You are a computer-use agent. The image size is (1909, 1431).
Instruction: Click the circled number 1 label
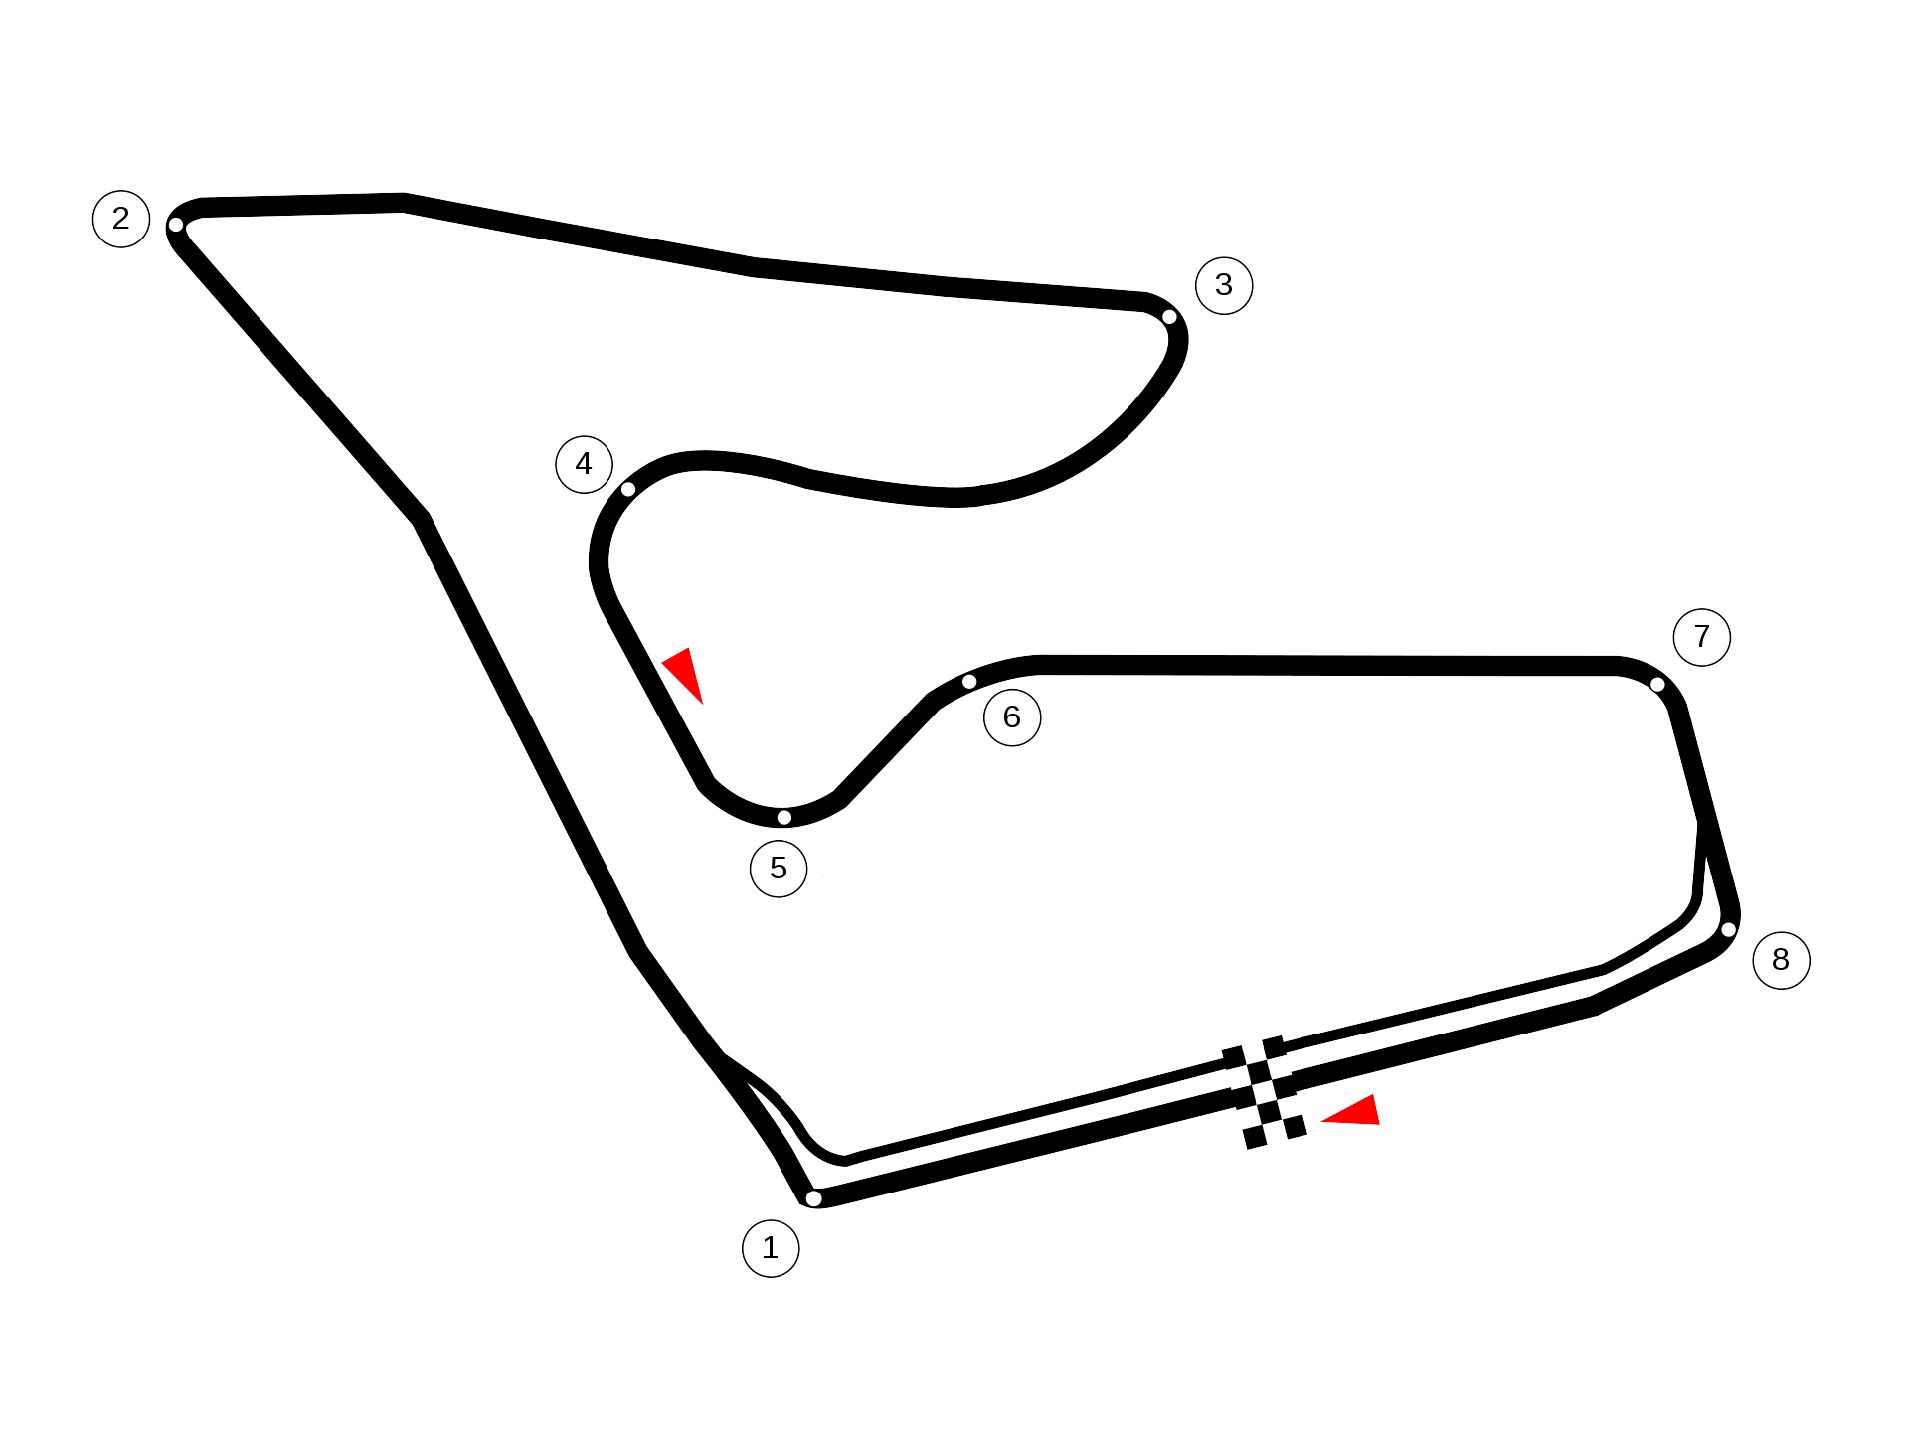771,1248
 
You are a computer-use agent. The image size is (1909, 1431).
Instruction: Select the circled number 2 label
121,219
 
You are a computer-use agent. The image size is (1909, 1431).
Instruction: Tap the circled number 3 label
1224,285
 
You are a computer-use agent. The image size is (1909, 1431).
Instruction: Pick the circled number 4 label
584,464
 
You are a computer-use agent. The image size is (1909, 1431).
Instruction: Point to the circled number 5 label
779,869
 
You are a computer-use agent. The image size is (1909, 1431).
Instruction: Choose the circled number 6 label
1012,717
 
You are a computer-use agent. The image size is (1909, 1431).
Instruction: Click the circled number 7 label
1702,637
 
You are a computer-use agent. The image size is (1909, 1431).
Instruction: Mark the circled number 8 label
1781,960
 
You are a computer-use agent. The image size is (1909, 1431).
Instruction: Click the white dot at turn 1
813,1198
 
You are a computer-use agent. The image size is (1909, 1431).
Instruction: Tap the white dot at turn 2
176,225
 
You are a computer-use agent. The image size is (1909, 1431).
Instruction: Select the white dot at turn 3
1169,317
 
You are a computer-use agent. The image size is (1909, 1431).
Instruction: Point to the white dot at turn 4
628,489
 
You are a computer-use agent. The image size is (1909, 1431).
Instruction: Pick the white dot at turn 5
784,818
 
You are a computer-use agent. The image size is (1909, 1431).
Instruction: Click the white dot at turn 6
969,682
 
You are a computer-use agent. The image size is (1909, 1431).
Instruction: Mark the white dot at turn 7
1657,684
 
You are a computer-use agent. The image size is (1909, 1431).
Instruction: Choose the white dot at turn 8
1729,930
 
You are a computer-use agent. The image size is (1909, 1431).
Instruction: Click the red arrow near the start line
1354,1113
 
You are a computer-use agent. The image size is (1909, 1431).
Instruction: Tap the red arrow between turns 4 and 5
685,673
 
